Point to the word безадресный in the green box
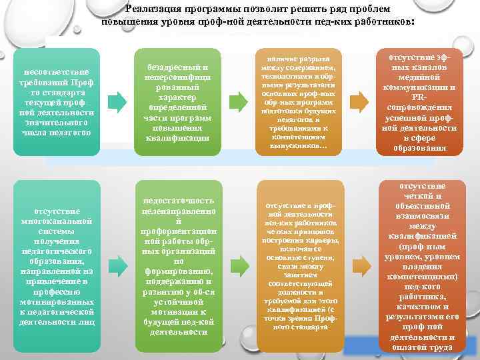[177, 67]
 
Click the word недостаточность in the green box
[177, 201]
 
